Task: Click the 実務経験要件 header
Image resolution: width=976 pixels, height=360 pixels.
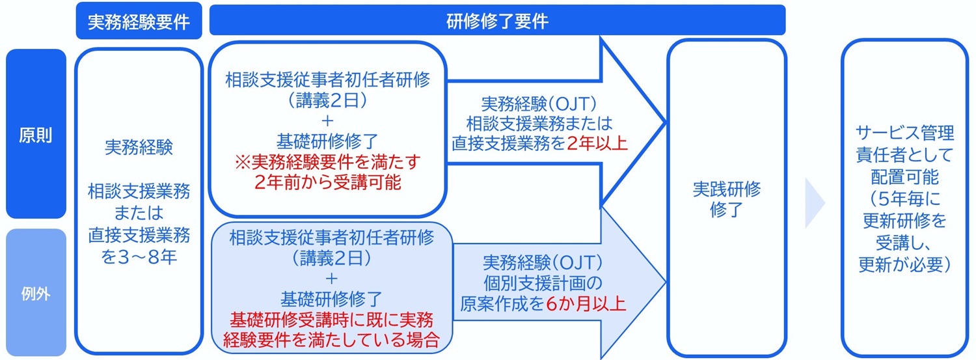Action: [x=139, y=21]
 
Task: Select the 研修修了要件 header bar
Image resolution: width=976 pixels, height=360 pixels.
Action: [x=497, y=20]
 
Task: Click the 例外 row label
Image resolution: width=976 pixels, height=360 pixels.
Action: [x=36, y=294]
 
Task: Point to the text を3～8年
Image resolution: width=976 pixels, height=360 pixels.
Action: [x=139, y=257]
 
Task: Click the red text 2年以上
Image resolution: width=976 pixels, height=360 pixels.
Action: [x=597, y=143]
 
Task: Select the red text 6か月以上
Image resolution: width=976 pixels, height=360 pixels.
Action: [x=585, y=304]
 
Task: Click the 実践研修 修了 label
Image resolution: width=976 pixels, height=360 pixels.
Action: [x=726, y=199]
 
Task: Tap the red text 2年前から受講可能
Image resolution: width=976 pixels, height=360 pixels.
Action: [x=327, y=182]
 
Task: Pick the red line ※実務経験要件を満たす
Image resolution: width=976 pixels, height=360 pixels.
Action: [x=327, y=161]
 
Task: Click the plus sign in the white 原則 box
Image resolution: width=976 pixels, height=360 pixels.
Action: [x=327, y=120]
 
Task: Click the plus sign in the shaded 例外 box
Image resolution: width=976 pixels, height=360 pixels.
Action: [x=331, y=279]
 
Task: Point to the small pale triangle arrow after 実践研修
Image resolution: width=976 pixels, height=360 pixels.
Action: [x=814, y=202]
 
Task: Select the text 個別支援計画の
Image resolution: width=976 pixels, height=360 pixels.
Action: [x=543, y=283]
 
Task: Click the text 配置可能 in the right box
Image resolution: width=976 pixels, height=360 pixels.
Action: [x=904, y=177]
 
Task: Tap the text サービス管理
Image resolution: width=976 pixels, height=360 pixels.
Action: [x=904, y=133]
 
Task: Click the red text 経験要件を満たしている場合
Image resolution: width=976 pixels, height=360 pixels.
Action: [x=331, y=340]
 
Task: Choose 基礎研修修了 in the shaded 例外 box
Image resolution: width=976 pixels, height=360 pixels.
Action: [x=331, y=299]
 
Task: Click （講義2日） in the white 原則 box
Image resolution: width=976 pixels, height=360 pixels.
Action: [x=327, y=101]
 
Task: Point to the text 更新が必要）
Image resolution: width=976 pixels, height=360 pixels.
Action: [x=904, y=264]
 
